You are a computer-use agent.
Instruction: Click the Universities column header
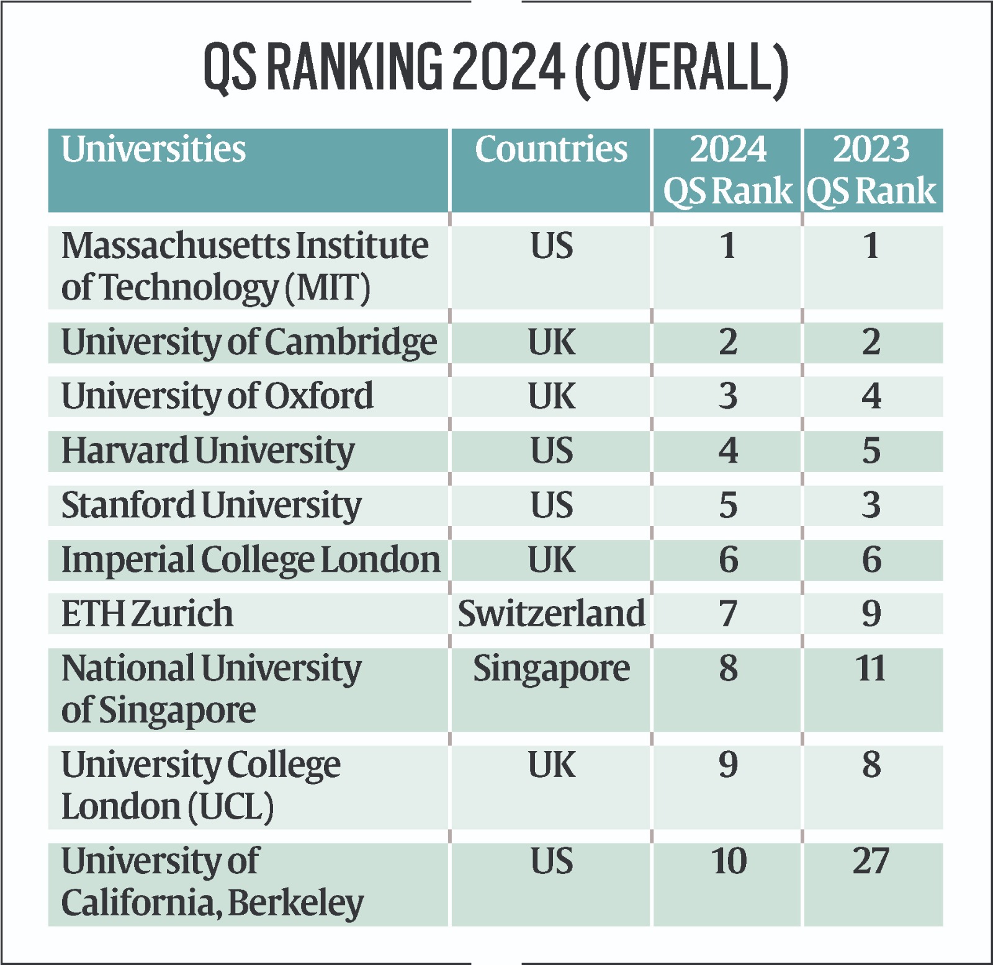(153, 149)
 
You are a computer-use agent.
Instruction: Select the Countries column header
(551, 149)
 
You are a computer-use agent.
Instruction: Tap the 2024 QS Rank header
(727, 170)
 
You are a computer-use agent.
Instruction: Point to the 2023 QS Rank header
(871, 170)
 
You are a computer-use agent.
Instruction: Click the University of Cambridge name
(249, 342)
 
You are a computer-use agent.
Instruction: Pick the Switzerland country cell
(551, 613)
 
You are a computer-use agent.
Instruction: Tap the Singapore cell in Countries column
(551, 669)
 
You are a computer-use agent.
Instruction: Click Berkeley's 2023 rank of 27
(871, 861)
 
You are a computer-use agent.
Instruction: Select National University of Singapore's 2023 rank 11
(871, 669)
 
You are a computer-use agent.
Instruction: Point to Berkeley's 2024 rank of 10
(728, 861)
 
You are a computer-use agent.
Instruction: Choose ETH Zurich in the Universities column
(147, 613)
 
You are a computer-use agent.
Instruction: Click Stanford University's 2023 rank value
(871, 505)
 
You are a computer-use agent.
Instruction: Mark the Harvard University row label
(208, 451)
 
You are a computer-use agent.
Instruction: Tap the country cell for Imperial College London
(551, 559)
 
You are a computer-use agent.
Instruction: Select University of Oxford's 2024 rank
(728, 396)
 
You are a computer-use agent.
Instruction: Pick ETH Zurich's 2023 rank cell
(871, 613)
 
